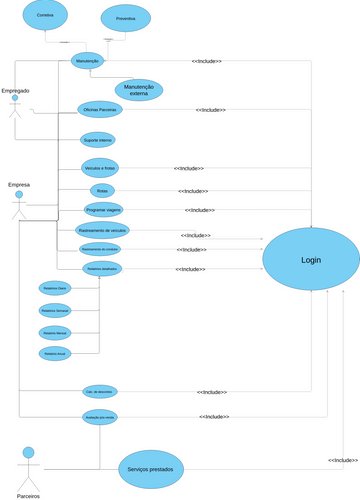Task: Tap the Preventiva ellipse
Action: pos(126,18)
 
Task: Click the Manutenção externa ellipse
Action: pos(138,90)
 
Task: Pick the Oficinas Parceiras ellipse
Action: pos(100,109)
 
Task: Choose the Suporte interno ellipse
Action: pos(98,139)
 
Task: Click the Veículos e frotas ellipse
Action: pos(100,168)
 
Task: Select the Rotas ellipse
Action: pos(101,190)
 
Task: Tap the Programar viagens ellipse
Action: pos(104,210)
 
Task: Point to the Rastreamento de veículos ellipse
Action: pos(103,230)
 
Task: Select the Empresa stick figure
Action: pos(18,207)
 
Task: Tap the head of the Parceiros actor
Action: pos(29,452)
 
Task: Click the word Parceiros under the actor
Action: pos(29,495)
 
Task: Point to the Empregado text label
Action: pos(15,91)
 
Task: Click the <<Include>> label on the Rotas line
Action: pos(191,191)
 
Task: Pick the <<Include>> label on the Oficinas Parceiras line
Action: pos(211,110)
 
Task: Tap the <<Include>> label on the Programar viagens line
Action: pos(200,210)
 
